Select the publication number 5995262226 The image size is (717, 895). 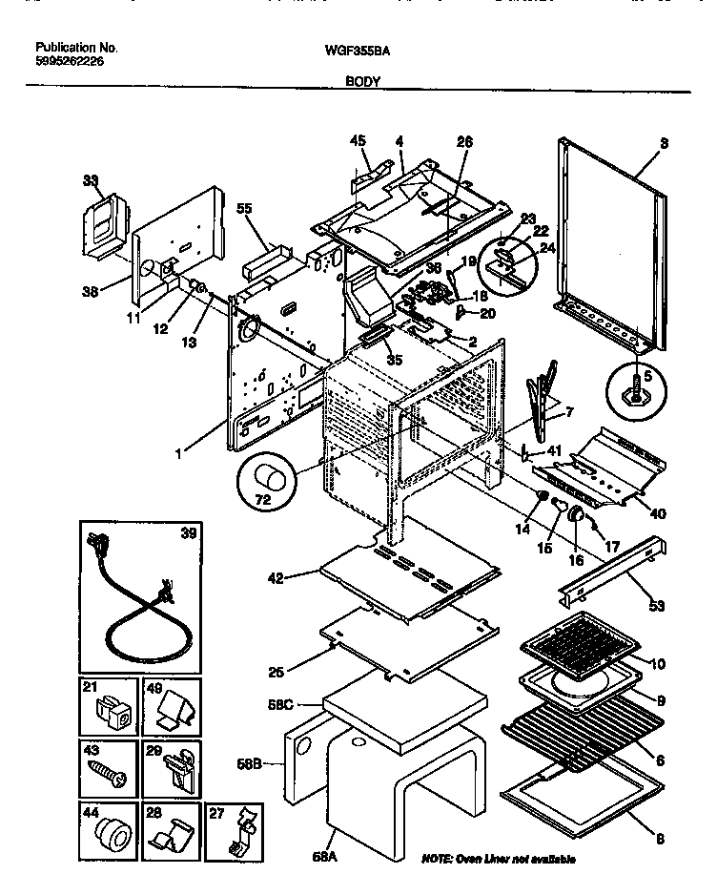pyautogui.click(x=70, y=61)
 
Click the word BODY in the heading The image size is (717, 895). pyautogui.click(x=362, y=82)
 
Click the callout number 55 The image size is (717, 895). pyautogui.click(x=243, y=207)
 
